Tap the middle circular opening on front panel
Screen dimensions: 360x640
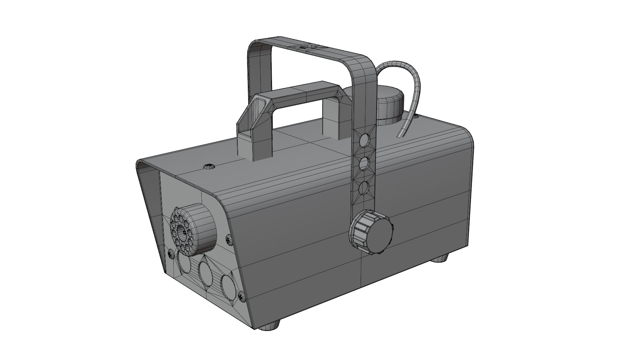(x=207, y=273)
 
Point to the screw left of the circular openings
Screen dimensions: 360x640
(x=171, y=254)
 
